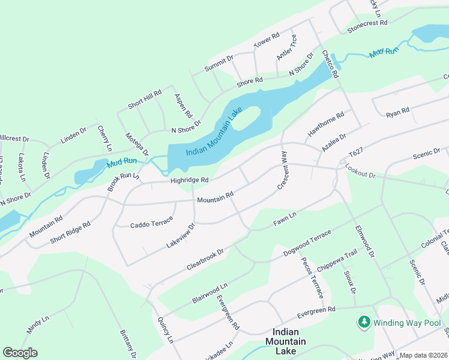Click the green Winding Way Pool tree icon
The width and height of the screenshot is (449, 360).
click(364, 322)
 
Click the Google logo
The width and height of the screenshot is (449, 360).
click(20, 353)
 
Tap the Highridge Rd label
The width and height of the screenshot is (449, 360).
click(189, 180)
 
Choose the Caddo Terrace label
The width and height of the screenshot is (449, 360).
click(151, 224)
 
